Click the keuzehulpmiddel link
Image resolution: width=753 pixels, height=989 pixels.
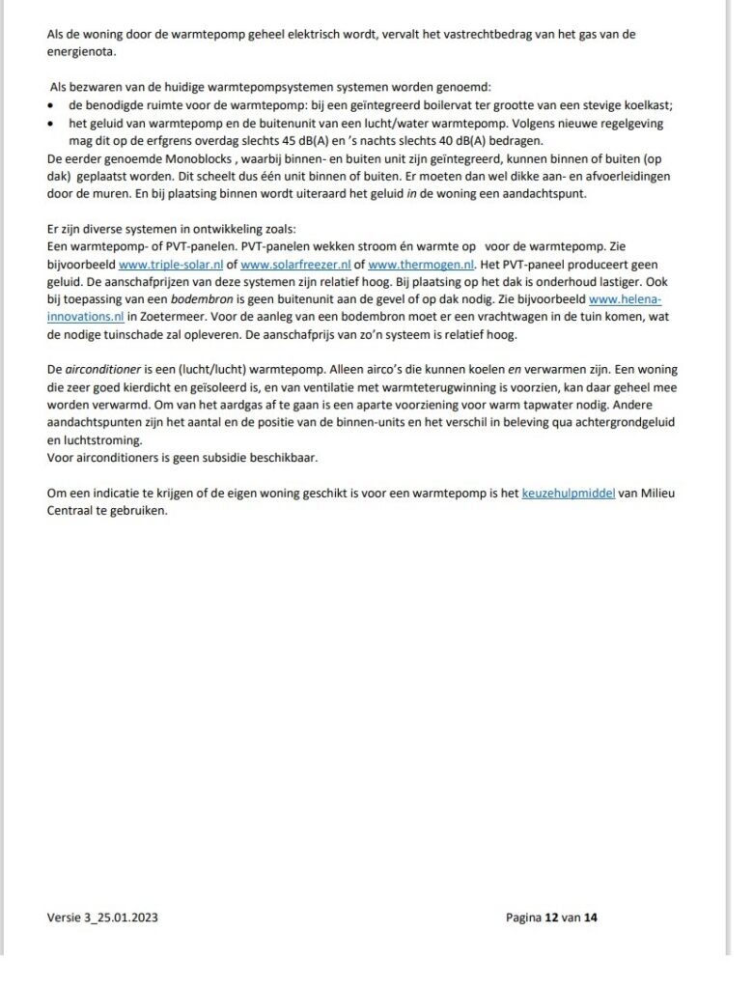coord(569,493)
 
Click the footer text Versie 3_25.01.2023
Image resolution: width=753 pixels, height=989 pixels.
coord(102,918)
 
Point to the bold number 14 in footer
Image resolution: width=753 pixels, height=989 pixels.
coord(591,918)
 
